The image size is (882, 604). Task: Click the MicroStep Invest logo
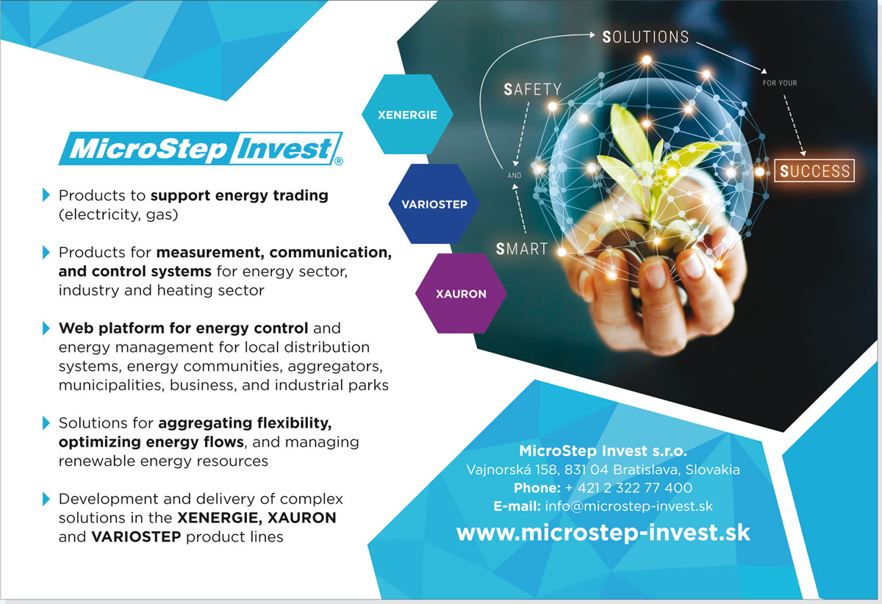point(201,148)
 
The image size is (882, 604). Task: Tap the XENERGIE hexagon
point(407,114)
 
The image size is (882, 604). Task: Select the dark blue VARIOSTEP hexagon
point(434,204)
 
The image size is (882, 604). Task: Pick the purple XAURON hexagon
point(461,293)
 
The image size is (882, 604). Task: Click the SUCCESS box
point(814,170)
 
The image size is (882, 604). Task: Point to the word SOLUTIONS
point(646,37)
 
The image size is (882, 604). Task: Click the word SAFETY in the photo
point(532,90)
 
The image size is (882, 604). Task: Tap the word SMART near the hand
point(522,249)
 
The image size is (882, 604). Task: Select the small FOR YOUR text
point(780,83)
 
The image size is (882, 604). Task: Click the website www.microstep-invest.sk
point(603,532)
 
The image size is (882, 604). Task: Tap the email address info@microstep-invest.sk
point(629,506)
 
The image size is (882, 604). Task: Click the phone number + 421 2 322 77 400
point(629,488)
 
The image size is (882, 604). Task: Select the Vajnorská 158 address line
point(603,470)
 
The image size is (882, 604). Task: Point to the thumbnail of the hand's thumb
point(656,274)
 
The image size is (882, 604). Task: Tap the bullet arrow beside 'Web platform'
point(46,328)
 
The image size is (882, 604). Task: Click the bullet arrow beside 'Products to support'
point(46,195)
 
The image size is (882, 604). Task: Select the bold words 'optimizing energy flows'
point(151,442)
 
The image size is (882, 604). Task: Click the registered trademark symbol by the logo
point(339,161)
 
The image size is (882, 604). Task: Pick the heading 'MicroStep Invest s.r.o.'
point(603,451)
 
